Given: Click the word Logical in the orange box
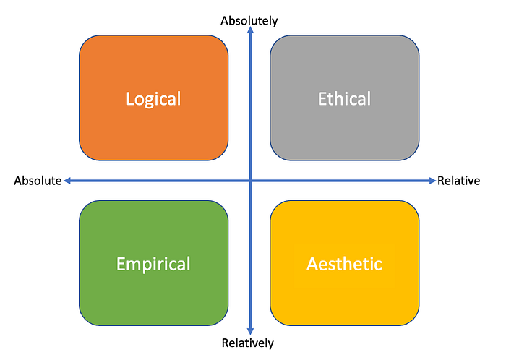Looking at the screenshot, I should coord(153,99).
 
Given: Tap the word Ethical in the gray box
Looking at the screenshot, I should coord(344,99).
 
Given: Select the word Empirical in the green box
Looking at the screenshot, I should coord(153,264).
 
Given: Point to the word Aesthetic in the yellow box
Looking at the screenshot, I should coord(344,264).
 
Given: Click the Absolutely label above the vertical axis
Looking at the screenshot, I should coord(249,20).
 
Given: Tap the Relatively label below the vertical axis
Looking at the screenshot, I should coord(248,343).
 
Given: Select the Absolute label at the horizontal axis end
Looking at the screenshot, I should coord(38,181).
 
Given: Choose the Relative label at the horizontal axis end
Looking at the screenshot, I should coord(458,181).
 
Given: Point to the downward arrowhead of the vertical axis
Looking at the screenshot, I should coord(249,330).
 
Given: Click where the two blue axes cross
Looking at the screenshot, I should coord(249,180).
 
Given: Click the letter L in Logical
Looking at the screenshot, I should coord(129,99).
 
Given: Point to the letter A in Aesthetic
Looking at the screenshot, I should coord(312,264).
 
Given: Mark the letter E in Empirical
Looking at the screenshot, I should coord(121,264).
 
